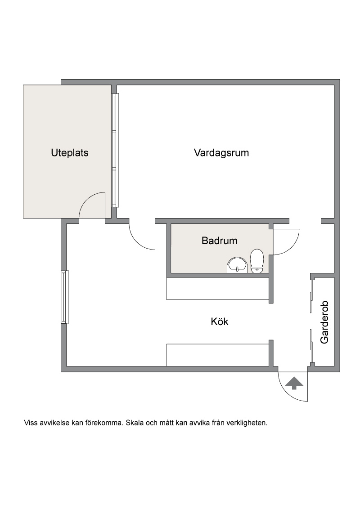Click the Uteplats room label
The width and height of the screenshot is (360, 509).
pyautogui.click(x=70, y=153)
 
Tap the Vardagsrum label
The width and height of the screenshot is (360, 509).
pyautogui.click(x=221, y=153)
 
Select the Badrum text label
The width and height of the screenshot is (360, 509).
pyautogui.click(x=219, y=241)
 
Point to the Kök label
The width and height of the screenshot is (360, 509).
pyautogui.click(x=220, y=321)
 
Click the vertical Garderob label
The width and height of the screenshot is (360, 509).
pyautogui.click(x=324, y=322)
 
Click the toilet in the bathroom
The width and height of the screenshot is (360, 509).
pyautogui.click(x=257, y=261)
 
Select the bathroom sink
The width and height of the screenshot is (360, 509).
pyautogui.click(x=237, y=265)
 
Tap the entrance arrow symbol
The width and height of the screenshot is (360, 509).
pyautogui.click(x=294, y=383)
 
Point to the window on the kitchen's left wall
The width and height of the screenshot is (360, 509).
pyautogui.click(x=65, y=297)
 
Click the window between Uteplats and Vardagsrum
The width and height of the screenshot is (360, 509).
pyautogui.click(x=115, y=150)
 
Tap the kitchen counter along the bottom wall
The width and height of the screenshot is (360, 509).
pyautogui.click(x=218, y=355)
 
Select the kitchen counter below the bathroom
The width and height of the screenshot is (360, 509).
pyautogui.click(x=218, y=289)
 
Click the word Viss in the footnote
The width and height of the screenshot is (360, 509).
pyautogui.click(x=30, y=423)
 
